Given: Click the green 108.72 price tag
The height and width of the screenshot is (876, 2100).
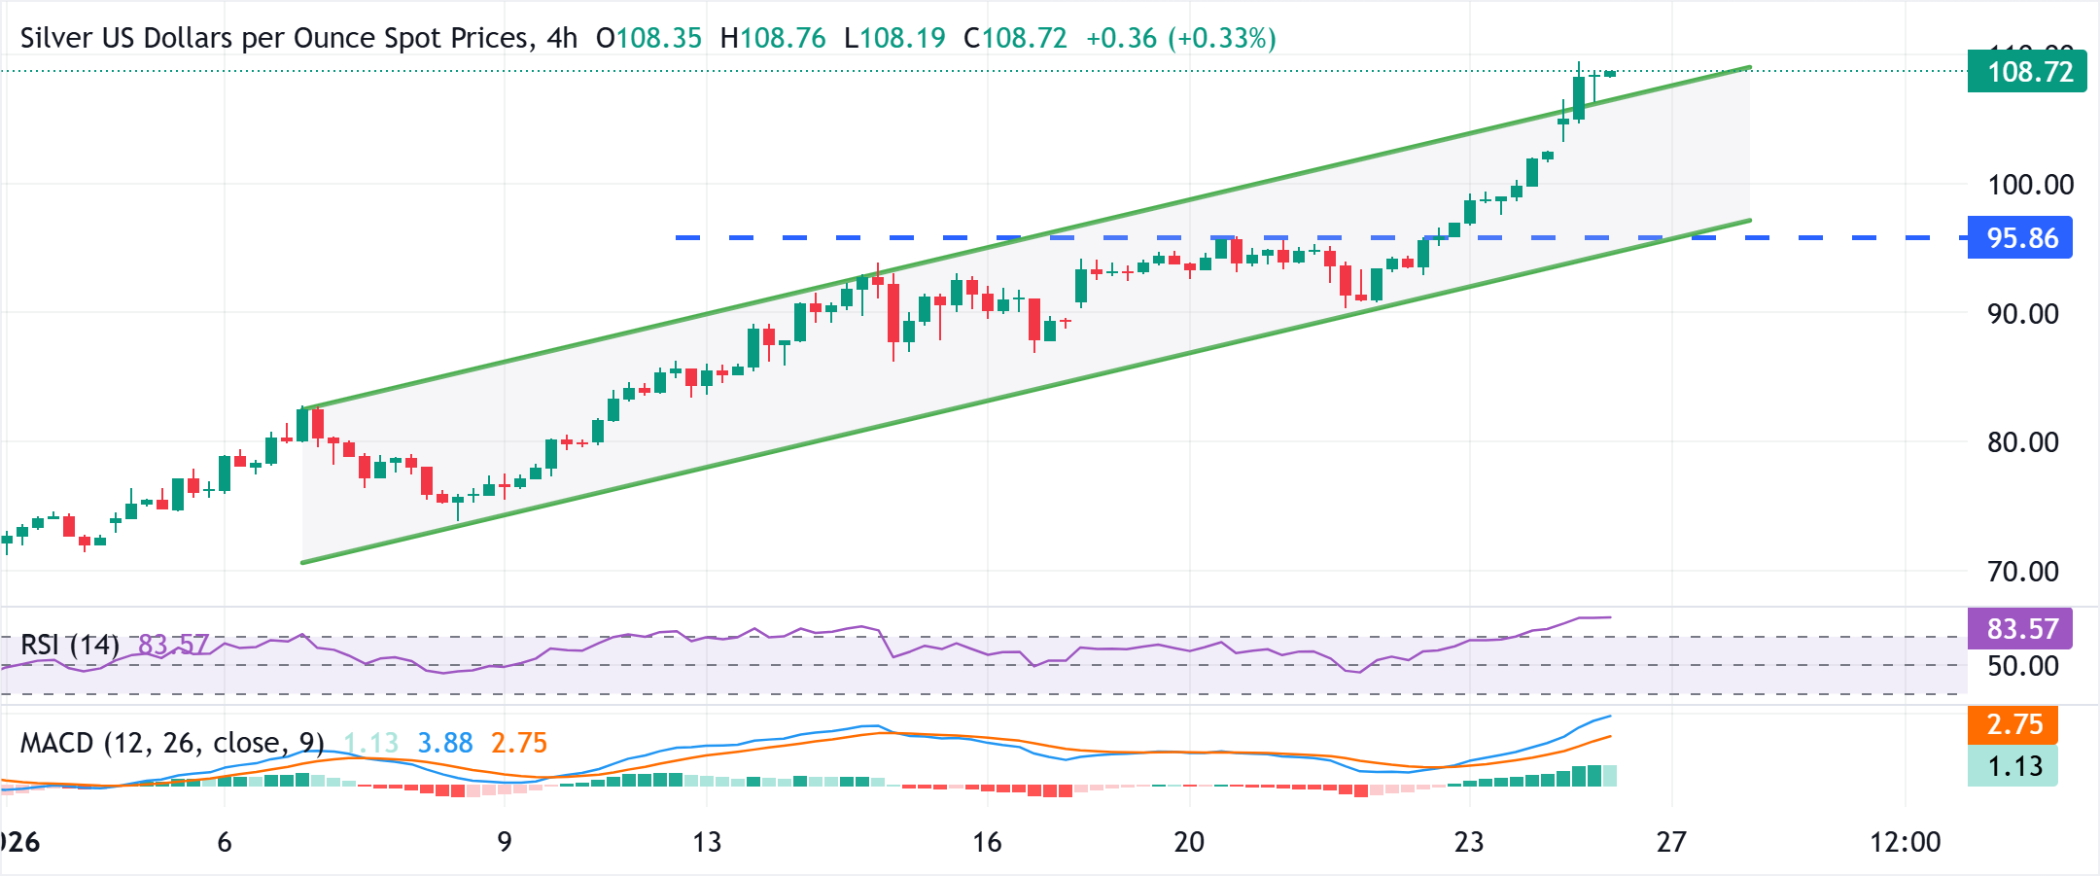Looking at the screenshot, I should click(x=2026, y=72).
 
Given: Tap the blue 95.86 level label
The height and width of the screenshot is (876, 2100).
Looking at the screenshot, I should click(x=2020, y=238).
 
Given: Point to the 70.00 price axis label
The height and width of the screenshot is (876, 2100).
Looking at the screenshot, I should click(x=2022, y=572).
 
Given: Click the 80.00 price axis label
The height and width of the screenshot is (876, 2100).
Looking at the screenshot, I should click(x=2022, y=442).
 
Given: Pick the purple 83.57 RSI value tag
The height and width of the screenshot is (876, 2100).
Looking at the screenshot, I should click(x=2020, y=629).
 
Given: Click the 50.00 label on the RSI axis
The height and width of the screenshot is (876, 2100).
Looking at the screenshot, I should click(x=2022, y=666).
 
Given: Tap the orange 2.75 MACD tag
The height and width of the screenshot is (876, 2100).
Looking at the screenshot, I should click(x=2013, y=724).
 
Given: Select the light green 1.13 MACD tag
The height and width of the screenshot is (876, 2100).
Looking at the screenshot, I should click(x=2013, y=766).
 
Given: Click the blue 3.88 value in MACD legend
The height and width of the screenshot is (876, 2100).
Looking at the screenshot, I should click(x=445, y=744).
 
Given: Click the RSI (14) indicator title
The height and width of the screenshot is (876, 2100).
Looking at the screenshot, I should click(x=70, y=645).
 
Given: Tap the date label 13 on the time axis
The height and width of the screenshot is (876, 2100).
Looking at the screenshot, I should click(x=707, y=842).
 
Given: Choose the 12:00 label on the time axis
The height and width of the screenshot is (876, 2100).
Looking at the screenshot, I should click(x=1905, y=842).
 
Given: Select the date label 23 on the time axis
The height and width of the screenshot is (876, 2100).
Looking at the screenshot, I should click(x=1469, y=842).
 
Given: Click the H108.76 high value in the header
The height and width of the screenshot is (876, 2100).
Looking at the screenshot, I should click(x=773, y=39).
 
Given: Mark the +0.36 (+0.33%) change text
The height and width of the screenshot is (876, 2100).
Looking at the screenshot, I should click(x=1180, y=39).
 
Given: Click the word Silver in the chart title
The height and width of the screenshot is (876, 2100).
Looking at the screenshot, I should click(x=56, y=39).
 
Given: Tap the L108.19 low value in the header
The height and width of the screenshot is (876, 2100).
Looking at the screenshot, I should click(x=894, y=39).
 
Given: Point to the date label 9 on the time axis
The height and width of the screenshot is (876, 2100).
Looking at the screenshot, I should click(x=504, y=842).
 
